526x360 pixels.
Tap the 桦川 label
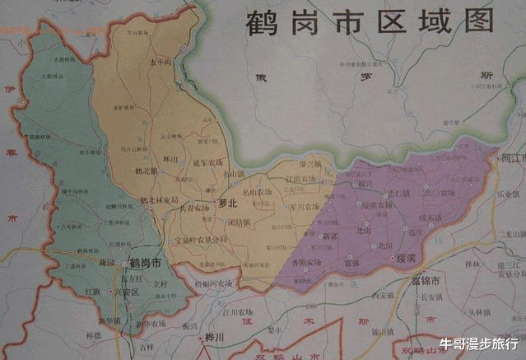click(216, 337)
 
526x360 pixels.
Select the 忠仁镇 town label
click(398, 193)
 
